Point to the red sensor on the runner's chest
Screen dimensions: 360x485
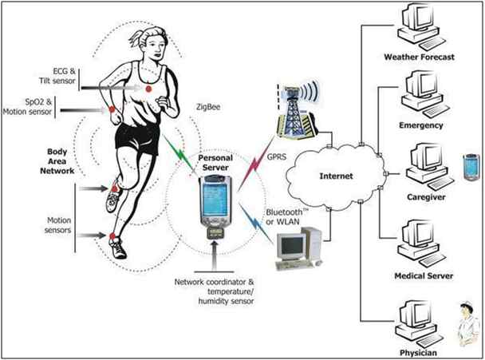click(x=148, y=89)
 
